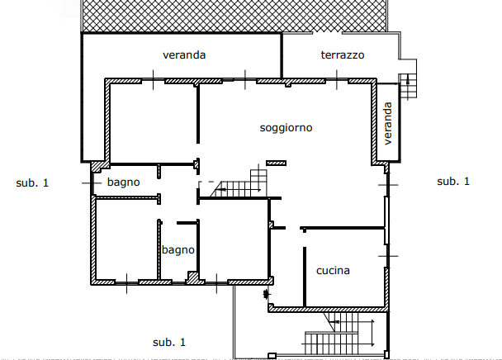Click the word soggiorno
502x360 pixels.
286,128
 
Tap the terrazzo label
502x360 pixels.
343,54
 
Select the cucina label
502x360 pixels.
333,271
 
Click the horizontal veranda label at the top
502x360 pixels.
184,54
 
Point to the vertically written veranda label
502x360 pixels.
387,123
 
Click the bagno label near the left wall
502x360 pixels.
123,182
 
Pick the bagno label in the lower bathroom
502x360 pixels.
178,250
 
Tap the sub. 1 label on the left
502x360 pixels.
32,182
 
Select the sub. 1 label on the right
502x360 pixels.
453,182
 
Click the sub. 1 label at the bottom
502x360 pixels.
169,342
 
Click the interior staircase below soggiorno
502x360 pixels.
239,184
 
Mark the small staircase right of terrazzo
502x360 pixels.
408,86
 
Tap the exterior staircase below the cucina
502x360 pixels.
339,333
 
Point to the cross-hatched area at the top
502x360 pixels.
234,16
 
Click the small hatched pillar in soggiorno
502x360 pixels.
276,163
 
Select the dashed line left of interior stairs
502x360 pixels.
206,182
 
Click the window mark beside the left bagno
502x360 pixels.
92,182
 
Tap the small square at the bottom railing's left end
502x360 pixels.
272,356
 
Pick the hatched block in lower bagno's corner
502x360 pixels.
192,277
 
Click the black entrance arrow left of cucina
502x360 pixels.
266,294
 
